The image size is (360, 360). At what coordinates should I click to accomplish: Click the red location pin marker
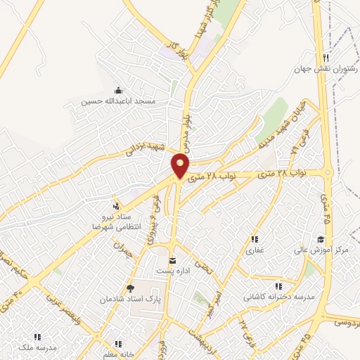click(x=181, y=166)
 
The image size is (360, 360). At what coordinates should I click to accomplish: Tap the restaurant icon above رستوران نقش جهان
click(x=326, y=58)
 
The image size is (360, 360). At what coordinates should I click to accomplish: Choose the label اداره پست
click(x=172, y=271)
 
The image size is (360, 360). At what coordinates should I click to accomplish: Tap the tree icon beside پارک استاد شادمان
click(x=129, y=288)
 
